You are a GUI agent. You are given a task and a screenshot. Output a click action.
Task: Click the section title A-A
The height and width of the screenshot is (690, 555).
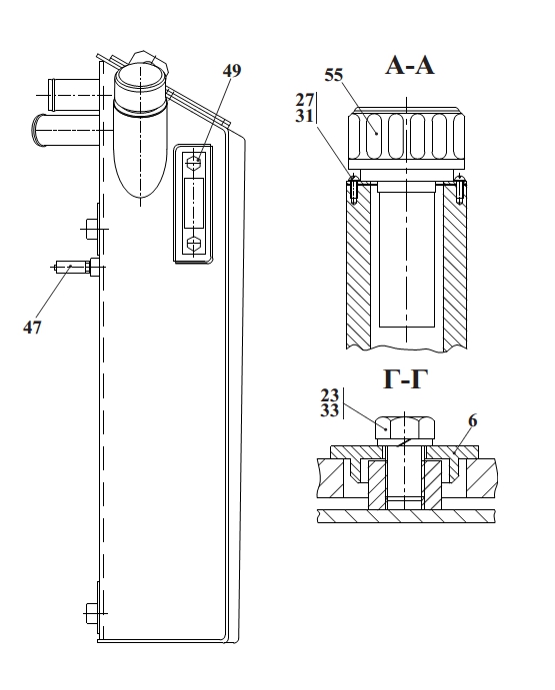[x=410, y=66]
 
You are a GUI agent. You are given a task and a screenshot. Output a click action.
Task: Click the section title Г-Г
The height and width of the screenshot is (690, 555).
[x=405, y=378]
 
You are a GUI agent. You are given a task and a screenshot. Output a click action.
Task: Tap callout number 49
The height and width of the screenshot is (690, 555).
[x=231, y=71]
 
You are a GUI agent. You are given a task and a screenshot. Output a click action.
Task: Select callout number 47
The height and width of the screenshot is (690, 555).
[x=32, y=328]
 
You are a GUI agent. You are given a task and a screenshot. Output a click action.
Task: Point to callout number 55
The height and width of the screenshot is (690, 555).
[x=333, y=75]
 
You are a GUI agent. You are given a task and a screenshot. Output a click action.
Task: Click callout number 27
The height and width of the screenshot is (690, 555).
[x=305, y=100]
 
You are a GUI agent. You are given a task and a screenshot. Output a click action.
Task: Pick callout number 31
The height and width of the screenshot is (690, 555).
[x=305, y=116]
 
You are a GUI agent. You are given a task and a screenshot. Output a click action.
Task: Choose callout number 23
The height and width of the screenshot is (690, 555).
[x=329, y=394]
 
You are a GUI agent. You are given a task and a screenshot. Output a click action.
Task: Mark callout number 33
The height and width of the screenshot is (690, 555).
[x=329, y=410]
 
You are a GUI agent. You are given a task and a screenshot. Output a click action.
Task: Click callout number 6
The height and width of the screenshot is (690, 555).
[x=473, y=421]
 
